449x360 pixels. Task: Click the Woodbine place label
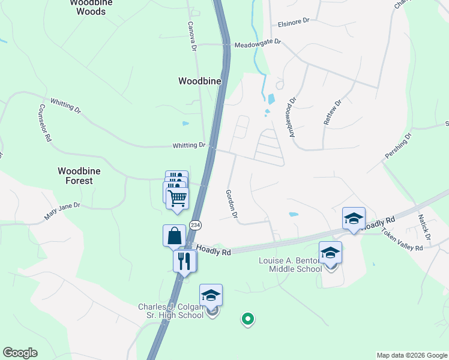point(200,80)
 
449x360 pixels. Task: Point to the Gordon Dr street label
point(232,204)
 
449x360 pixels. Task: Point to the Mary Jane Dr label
point(62,210)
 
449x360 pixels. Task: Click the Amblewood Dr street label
point(293,118)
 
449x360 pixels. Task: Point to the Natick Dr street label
point(424,227)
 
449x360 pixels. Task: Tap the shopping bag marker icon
point(174,235)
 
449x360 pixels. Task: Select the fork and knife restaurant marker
point(184,260)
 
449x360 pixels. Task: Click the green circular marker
point(247,319)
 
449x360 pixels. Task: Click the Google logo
point(20,353)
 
